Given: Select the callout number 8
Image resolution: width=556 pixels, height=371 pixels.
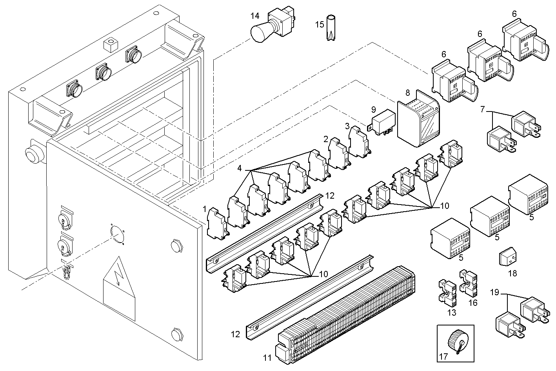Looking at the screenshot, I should tap(407, 93).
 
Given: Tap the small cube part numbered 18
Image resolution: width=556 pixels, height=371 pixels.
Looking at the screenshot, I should tap(507, 258).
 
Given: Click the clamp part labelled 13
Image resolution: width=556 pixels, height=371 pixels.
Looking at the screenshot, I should tap(447, 292).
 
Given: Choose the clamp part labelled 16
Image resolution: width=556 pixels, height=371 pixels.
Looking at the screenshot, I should tap(468, 283).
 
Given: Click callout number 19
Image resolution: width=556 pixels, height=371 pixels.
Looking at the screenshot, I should tap(494, 292).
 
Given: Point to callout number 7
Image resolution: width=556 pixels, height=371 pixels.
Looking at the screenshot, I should tap(482, 109).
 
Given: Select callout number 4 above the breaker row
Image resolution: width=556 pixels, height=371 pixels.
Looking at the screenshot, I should tap(240, 168).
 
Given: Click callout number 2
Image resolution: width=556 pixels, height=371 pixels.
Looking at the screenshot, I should tap(326, 139).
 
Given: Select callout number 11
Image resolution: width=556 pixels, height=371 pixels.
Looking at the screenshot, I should tap(267, 357).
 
